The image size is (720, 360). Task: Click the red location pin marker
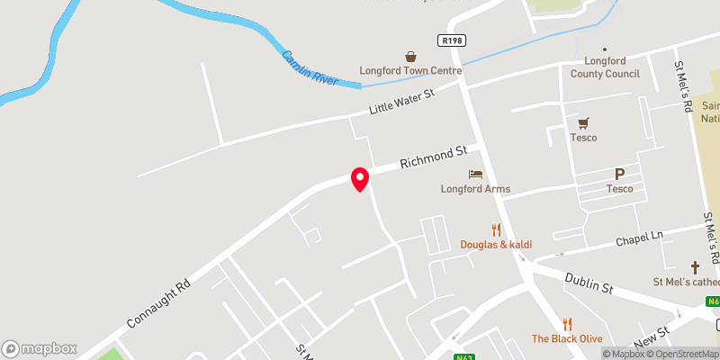[360, 178]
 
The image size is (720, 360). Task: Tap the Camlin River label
[310, 68]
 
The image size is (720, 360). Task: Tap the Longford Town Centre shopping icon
[410, 56]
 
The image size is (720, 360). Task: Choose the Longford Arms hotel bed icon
[475, 174]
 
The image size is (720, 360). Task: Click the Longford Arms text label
[475, 189]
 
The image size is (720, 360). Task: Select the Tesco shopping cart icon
[583, 122]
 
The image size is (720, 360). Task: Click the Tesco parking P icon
[619, 174]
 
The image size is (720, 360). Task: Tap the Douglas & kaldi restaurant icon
[496, 229]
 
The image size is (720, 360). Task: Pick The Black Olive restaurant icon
[567, 323]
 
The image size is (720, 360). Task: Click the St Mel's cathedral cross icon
[695, 267]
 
